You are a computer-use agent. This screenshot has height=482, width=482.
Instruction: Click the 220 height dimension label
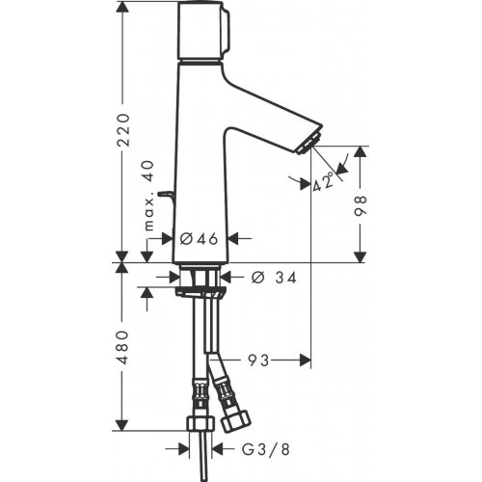123,130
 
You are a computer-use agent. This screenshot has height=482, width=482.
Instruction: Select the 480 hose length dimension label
122,347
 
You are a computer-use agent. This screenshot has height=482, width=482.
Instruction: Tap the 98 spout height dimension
361,205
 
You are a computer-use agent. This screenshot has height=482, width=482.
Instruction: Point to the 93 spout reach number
258,361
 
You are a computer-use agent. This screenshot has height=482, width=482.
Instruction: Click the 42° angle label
323,181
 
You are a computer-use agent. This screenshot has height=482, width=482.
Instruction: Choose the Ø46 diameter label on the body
199,238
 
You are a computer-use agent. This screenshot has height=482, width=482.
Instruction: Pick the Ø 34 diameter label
274,278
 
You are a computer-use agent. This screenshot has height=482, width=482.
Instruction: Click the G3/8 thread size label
266,449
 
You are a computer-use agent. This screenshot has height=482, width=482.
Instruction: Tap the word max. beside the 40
149,213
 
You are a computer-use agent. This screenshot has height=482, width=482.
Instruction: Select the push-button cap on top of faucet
203,31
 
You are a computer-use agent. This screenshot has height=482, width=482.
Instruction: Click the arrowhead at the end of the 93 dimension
306,361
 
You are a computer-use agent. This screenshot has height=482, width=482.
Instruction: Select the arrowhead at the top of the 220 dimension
122,7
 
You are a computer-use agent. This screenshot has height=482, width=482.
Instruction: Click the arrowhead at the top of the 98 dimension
361,152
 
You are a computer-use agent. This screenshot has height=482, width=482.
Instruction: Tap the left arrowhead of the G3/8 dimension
184,449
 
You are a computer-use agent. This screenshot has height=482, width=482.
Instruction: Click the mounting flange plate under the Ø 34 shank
201,292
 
